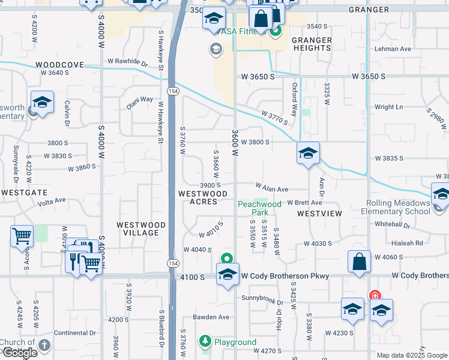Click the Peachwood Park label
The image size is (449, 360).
click(259, 208)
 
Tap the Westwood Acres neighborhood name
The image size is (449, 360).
click(203, 197)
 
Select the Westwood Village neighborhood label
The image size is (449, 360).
click(140, 229)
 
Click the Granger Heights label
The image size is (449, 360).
click(312, 44)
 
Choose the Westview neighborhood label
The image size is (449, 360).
click(319, 214)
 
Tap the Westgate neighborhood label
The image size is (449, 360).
click(24, 193)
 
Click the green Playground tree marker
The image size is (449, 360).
click(205, 341)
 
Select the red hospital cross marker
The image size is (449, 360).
click(375, 296)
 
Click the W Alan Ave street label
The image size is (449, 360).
click(272, 188)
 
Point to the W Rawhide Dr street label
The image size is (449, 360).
click(127, 62)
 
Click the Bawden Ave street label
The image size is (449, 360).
click(211, 317)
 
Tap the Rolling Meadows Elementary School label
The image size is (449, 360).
click(395, 207)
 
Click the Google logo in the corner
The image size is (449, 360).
click(20, 353)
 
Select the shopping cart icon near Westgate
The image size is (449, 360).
click(22, 235)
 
